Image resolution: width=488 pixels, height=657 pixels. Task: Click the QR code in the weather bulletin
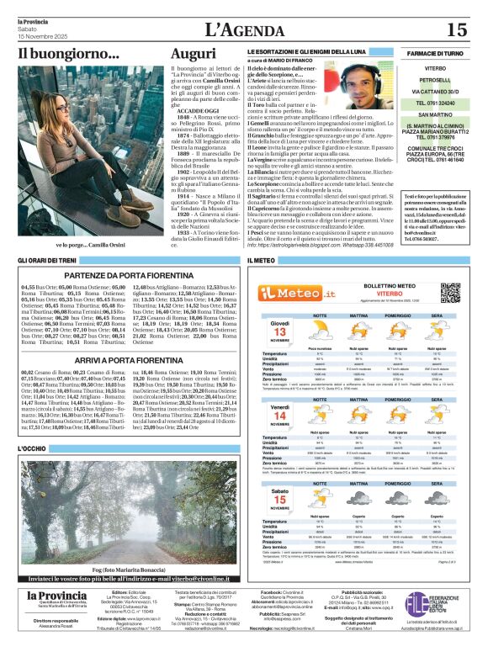[x=450, y=293]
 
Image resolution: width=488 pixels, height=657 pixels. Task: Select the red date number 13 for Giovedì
[x=280, y=331]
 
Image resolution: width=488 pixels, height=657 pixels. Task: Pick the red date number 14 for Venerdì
[x=280, y=416]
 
